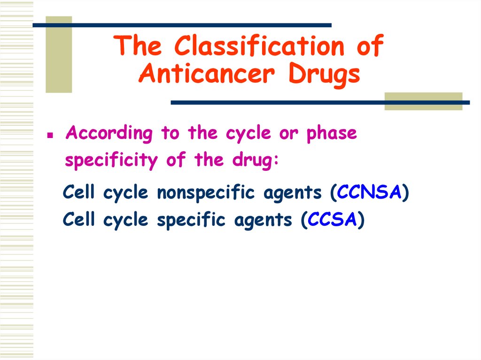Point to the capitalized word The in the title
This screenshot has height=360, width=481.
[140, 47]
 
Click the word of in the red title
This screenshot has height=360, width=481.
[369, 47]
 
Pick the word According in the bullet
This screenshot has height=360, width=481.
[109, 133]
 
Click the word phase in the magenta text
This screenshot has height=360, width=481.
[332, 133]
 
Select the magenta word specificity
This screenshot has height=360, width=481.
[111, 161]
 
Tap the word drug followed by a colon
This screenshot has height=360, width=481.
[256, 161]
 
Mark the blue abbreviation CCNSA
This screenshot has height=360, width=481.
[369, 192]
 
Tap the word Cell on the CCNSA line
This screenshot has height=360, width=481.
[80, 192]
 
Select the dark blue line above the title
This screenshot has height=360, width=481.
[182, 25]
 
